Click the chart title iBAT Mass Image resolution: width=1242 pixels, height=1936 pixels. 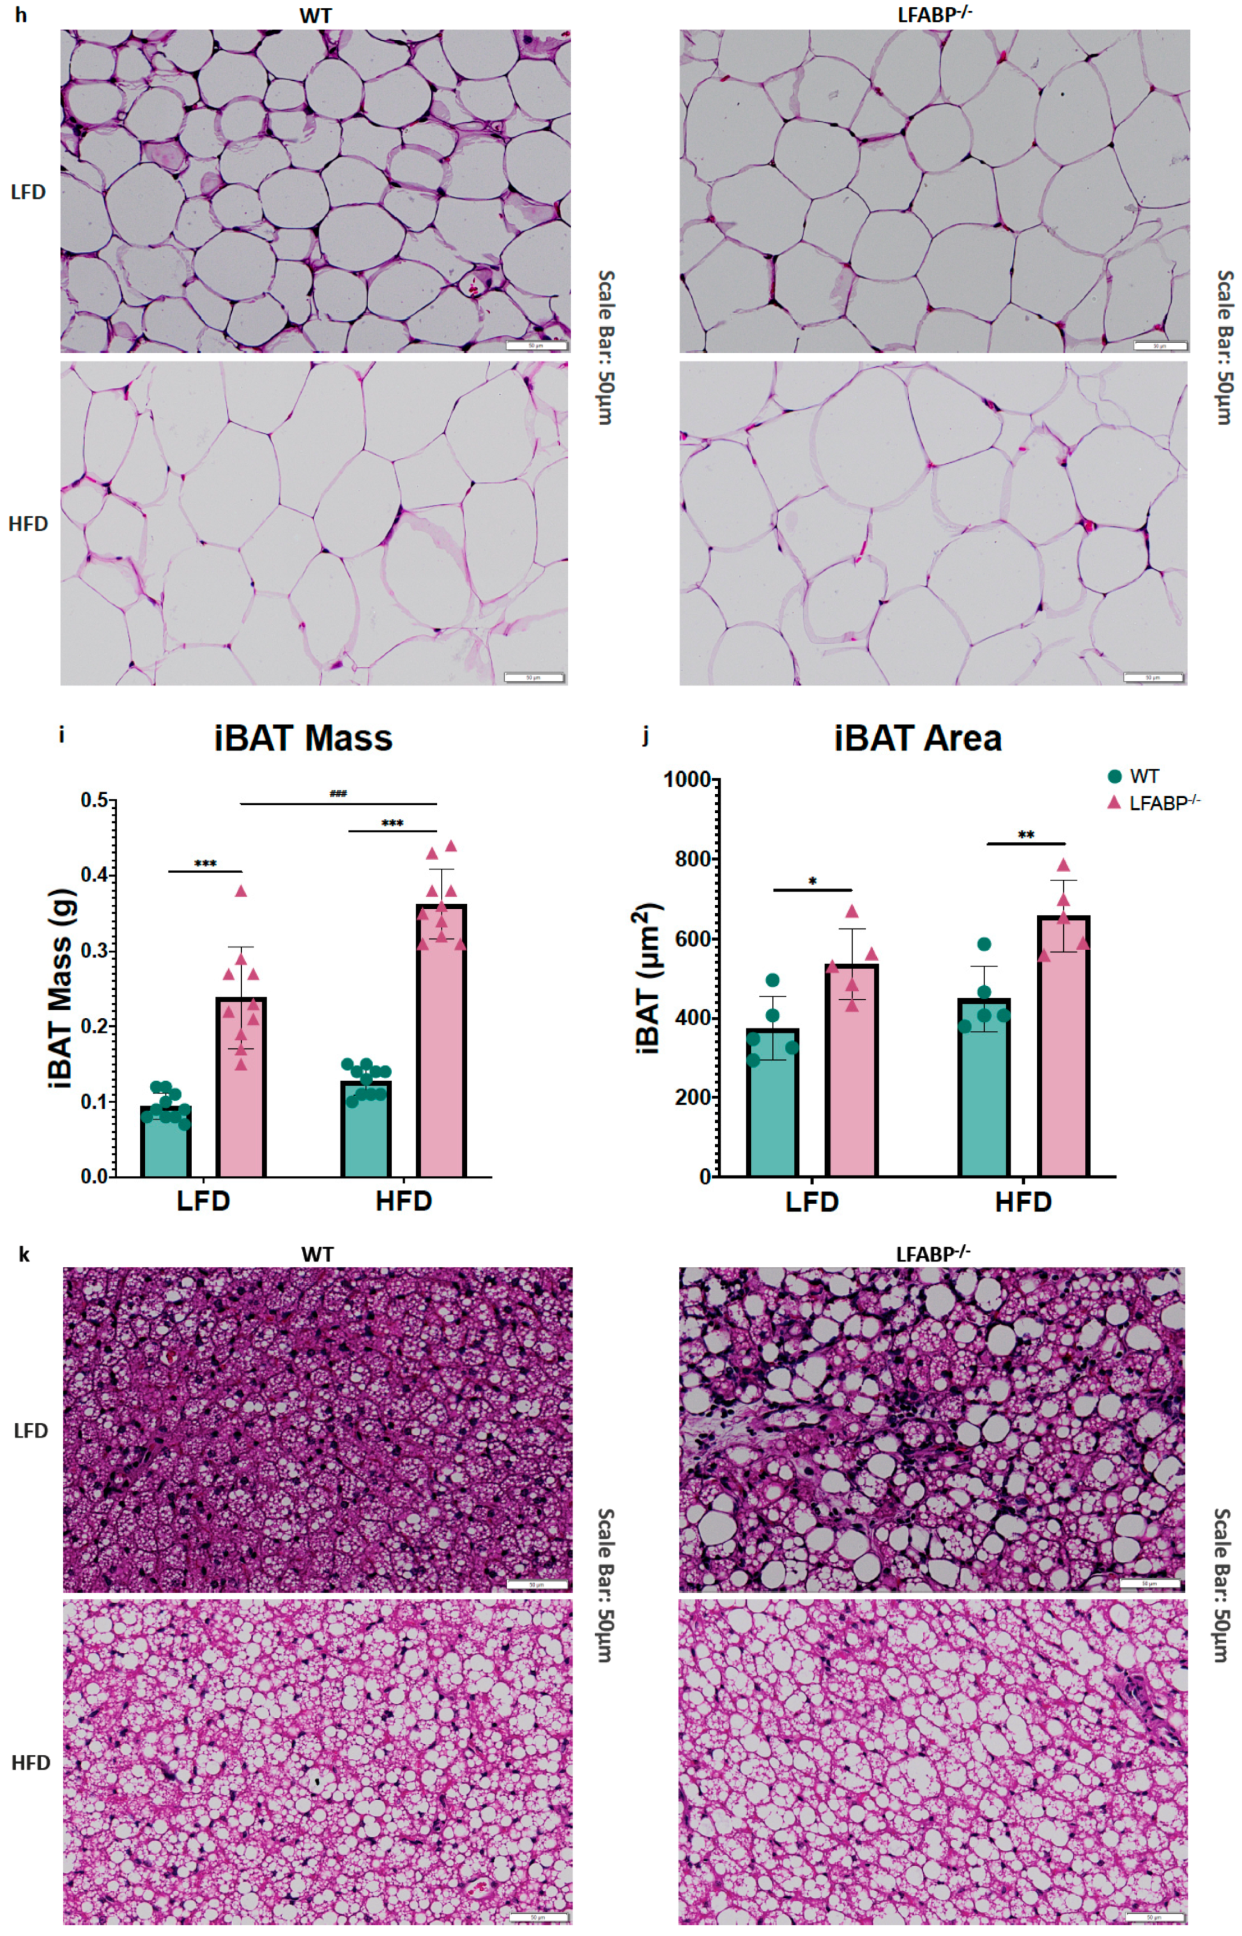[x=303, y=739]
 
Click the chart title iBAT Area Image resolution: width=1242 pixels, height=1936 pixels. [x=918, y=739]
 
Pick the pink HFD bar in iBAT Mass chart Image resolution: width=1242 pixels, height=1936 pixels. [x=441, y=1048]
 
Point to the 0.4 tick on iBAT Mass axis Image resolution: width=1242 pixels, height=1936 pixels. [x=96, y=875]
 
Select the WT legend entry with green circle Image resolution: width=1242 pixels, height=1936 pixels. [x=1133, y=777]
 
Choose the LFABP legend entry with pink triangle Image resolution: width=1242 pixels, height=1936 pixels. [x=1153, y=803]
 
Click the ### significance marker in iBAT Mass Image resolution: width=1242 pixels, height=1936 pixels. [x=338, y=794]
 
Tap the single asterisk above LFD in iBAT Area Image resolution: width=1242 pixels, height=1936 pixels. [x=812, y=881]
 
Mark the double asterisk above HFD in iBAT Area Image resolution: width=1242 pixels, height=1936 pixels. [x=1026, y=835]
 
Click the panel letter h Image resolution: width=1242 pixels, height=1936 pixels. [x=20, y=15]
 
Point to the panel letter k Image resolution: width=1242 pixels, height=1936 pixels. [x=24, y=1255]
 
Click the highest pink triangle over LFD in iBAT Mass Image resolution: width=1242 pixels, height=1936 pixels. [x=240, y=892]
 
